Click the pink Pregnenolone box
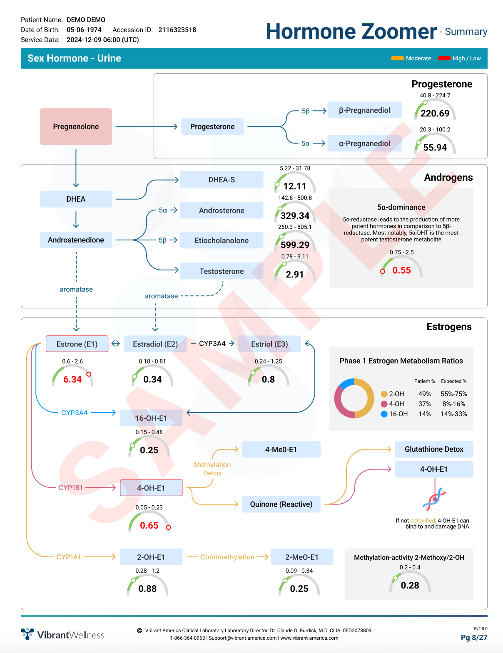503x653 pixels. click(x=76, y=126)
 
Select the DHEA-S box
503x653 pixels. click(x=222, y=180)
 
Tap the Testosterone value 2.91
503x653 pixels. click(x=295, y=275)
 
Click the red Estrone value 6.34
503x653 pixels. click(x=72, y=379)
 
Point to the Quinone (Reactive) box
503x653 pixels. click(x=281, y=504)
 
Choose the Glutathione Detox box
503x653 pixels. click(x=434, y=449)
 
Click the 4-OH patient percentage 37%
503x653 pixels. click(x=424, y=404)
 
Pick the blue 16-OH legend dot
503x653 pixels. click(x=384, y=414)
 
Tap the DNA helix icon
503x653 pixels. click(x=434, y=499)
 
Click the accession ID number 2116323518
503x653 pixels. click(x=177, y=30)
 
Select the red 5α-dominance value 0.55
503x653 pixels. click(x=401, y=270)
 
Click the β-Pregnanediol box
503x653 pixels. click(x=364, y=110)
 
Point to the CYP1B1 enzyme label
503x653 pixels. click(x=70, y=487)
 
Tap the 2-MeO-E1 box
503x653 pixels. click(x=302, y=557)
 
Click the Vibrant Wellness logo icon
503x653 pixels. click(x=27, y=634)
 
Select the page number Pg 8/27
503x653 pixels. click(x=474, y=638)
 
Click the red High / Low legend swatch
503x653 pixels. click(x=444, y=58)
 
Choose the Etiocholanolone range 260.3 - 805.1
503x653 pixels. click(x=295, y=227)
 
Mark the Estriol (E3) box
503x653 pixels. click(x=269, y=344)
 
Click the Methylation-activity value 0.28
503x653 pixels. click(x=410, y=585)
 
